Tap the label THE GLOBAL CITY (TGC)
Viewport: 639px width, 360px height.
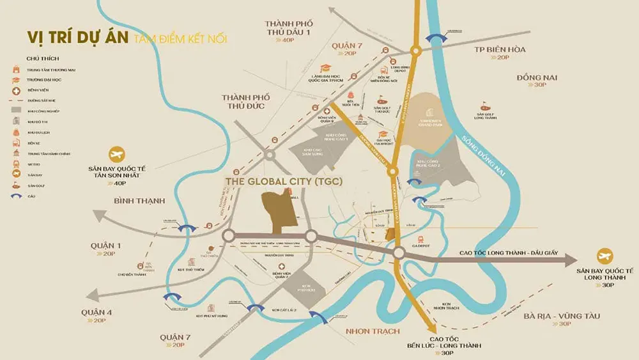coord(284,182)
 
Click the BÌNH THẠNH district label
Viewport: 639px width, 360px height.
coord(139,201)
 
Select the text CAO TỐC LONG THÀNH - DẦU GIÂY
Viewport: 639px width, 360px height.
coord(509,253)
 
